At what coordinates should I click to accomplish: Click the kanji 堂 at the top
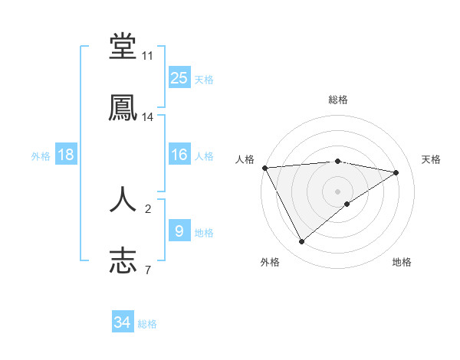click(x=123, y=47)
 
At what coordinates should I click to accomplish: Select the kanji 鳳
click(x=123, y=107)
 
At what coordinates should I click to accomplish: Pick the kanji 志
click(x=123, y=260)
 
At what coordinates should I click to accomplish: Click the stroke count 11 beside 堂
click(x=148, y=57)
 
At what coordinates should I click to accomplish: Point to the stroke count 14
click(x=148, y=117)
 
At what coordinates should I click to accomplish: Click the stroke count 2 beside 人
click(x=148, y=208)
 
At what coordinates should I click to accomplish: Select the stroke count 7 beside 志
click(x=148, y=269)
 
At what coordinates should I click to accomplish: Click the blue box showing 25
click(x=179, y=77)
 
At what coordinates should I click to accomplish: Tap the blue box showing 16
click(x=179, y=155)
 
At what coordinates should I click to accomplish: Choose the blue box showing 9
click(x=179, y=231)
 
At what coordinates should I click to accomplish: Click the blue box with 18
click(x=66, y=155)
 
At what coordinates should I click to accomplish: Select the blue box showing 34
click(x=123, y=322)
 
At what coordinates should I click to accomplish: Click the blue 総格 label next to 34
click(x=147, y=324)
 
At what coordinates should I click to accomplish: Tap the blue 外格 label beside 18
click(x=41, y=156)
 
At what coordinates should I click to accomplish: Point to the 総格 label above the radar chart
click(x=337, y=100)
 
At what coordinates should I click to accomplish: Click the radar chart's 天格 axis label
click(x=432, y=159)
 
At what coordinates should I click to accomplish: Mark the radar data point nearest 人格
click(x=264, y=168)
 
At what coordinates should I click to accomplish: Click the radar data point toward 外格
click(x=301, y=242)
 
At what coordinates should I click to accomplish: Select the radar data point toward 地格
click(x=347, y=204)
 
